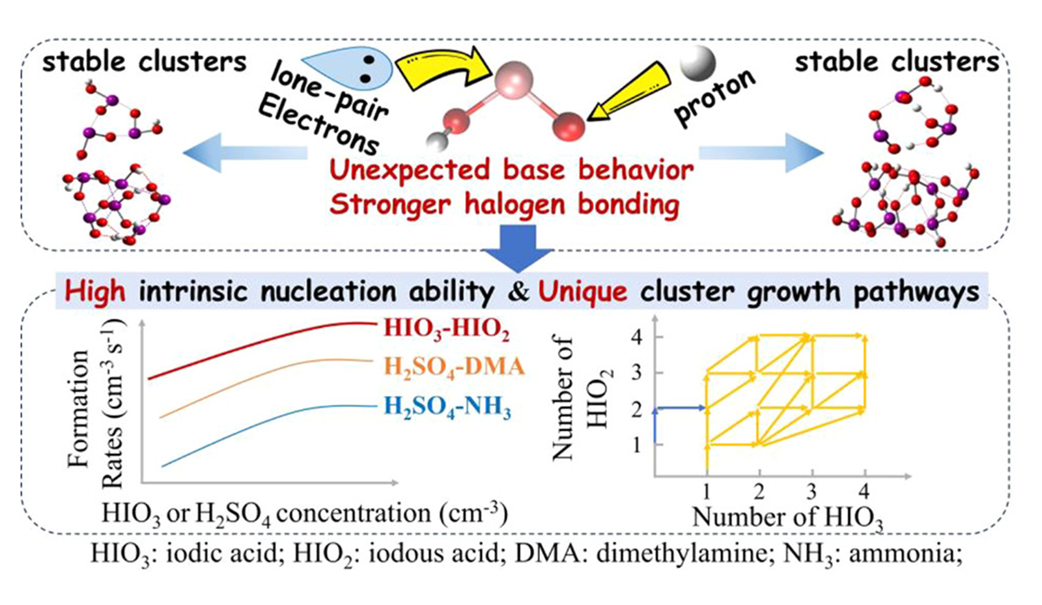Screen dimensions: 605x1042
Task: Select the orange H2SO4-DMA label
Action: point(453,367)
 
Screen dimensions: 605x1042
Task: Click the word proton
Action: point(715,97)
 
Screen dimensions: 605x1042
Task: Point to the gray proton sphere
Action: point(697,63)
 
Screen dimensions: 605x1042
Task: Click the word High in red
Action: point(95,291)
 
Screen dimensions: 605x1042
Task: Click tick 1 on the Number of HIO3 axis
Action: point(707,490)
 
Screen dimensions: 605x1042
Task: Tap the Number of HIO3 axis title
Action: point(787,517)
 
